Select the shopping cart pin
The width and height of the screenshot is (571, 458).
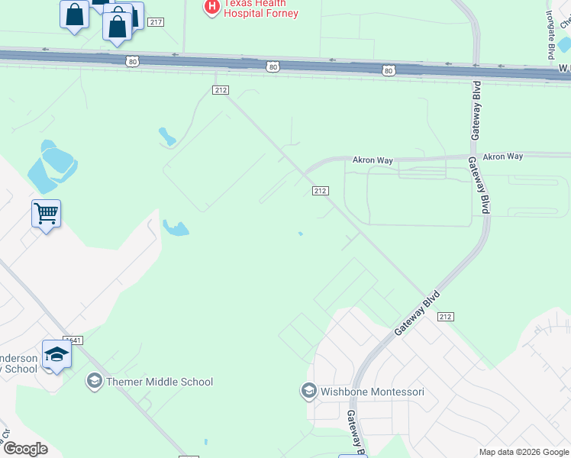tap(46, 214)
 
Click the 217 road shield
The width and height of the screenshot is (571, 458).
tap(156, 22)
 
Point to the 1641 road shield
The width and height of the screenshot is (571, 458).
tap(74, 340)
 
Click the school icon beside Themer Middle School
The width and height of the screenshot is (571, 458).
tap(95, 381)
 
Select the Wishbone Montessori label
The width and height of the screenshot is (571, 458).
tap(372, 392)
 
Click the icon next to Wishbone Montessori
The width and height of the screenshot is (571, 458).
tap(309, 392)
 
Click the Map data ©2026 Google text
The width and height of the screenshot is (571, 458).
tap(524, 453)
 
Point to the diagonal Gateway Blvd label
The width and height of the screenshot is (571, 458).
tap(418, 313)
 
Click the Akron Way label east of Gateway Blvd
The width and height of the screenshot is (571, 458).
tap(503, 156)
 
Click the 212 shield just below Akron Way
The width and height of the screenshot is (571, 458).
tap(321, 191)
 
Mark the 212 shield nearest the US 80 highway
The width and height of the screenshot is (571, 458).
tap(220, 90)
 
